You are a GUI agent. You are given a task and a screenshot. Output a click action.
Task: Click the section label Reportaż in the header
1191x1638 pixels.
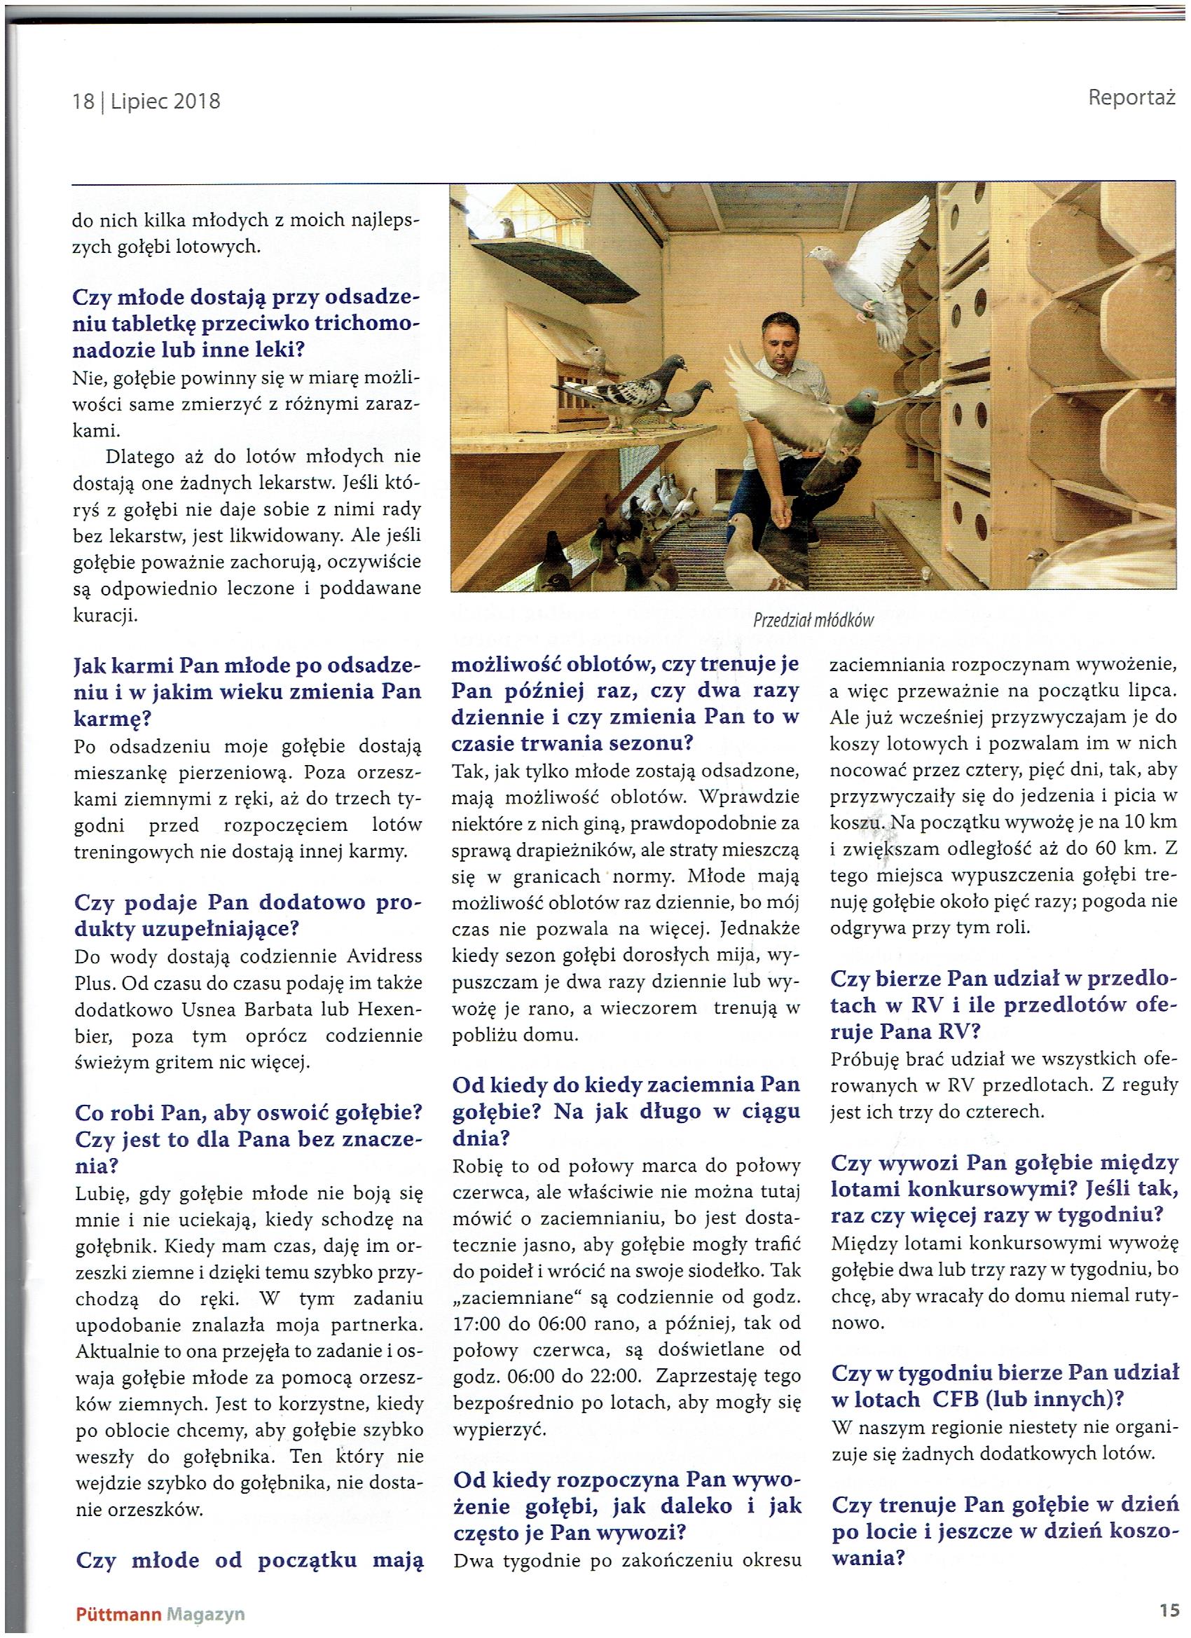pyautogui.click(x=1131, y=97)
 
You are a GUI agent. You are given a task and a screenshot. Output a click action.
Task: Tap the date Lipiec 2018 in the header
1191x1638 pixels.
pyautogui.click(x=165, y=101)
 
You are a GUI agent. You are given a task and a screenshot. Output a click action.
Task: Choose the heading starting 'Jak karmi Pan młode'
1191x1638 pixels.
pyautogui.click(x=247, y=692)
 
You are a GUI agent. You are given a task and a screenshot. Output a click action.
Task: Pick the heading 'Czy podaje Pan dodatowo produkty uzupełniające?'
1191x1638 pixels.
pyautogui.click(x=247, y=915)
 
